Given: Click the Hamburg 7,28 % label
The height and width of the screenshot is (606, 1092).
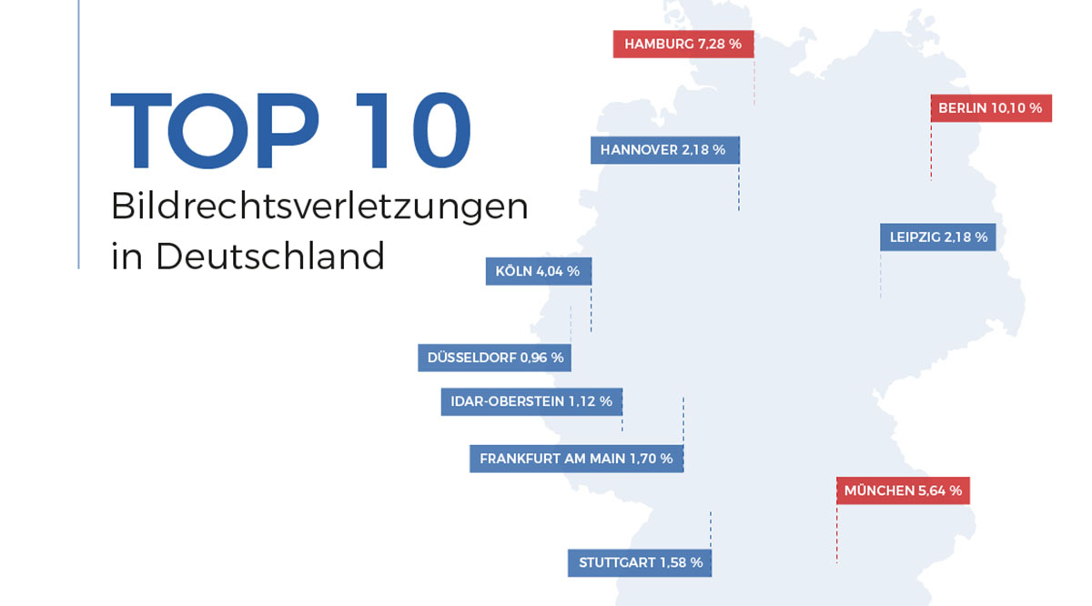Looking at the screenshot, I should click(x=683, y=44).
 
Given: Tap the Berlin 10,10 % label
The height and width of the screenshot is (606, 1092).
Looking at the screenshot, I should click(x=991, y=108).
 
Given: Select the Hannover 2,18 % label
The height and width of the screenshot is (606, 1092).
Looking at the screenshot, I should click(x=664, y=150).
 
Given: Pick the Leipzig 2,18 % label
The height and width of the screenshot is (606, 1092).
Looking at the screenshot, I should click(x=938, y=237).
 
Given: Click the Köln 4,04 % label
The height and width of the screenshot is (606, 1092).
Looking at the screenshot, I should click(x=539, y=271).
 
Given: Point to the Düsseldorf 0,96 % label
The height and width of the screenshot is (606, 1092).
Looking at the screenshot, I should click(x=495, y=358).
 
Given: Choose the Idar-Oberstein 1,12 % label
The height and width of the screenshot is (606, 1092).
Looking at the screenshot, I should click(x=531, y=401).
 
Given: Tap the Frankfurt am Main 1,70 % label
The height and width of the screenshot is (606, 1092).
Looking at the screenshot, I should click(x=576, y=459).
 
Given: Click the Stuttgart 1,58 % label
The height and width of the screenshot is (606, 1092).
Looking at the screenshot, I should click(x=640, y=563).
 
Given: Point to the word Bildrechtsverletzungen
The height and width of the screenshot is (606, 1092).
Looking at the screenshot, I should click(x=319, y=207).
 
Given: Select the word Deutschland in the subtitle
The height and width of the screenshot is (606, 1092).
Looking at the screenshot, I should click(x=270, y=256).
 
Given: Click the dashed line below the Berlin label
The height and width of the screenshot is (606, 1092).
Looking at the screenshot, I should click(x=931, y=151).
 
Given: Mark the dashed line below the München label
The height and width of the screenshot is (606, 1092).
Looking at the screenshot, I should click(x=836, y=534).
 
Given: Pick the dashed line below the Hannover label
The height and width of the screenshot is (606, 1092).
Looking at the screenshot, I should click(x=739, y=187).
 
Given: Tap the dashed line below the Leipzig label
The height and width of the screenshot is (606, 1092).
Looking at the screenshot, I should click(x=881, y=275).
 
